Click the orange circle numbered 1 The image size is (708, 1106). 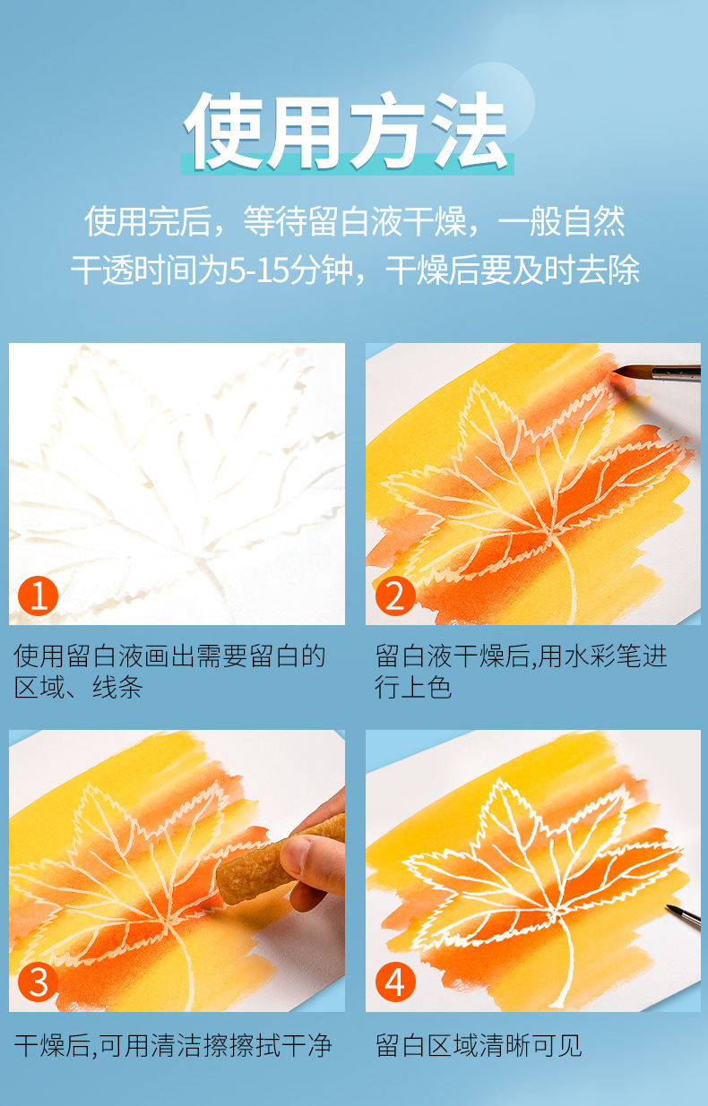pos(38,596)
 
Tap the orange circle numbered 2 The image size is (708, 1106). pos(395,596)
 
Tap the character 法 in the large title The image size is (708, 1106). pos(470,131)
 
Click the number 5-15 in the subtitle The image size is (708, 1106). pos(258,270)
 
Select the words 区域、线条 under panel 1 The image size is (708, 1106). pos(79,687)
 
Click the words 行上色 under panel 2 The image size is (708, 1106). pos(413,687)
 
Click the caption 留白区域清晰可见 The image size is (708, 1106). pos(479,1046)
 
